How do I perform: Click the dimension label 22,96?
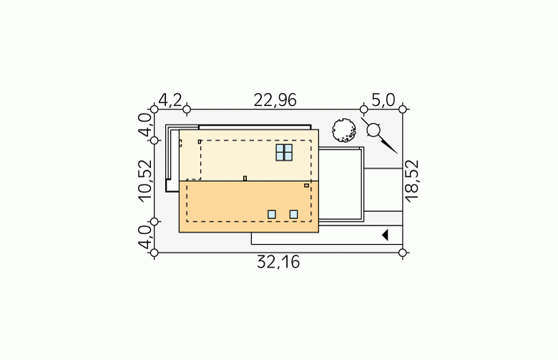(275, 100)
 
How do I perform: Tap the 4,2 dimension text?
(170, 100)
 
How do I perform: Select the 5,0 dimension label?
(383, 100)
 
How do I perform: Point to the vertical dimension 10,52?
(145, 181)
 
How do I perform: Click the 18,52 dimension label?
(412, 181)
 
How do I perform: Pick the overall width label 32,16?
(278, 263)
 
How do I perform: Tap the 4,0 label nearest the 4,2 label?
(145, 125)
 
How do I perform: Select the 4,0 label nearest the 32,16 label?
(145, 237)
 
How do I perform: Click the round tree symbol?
(344, 131)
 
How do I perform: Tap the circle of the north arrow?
(373, 130)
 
